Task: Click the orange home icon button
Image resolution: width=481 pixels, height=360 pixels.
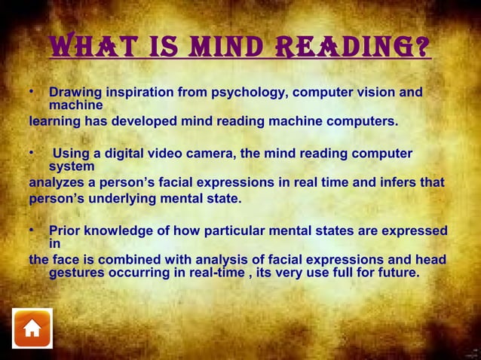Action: [x=32, y=328]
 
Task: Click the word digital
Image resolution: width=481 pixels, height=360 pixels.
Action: [x=129, y=154]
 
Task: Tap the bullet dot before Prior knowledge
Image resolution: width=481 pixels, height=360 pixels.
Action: [x=32, y=228]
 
